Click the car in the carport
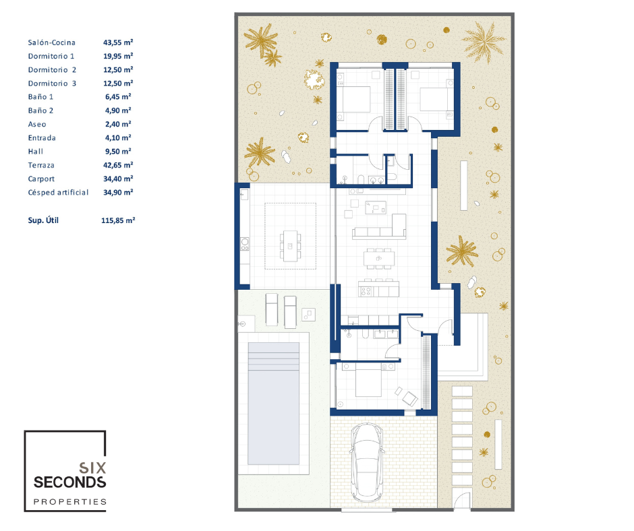click(x=367, y=462)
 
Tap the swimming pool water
click(x=273, y=403)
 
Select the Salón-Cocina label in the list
click(x=52, y=42)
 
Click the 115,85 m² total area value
click(x=118, y=220)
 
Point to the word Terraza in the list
click(x=41, y=165)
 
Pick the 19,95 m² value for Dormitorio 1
click(x=118, y=56)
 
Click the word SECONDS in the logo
click(x=69, y=482)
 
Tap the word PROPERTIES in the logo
click(x=70, y=502)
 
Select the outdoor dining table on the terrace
click(x=290, y=246)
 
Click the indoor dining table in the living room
click(x=379, y=258)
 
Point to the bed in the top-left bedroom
click(x=353, y=99)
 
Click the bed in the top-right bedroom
click(x=436, y=99)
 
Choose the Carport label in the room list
click(x=41, y=179)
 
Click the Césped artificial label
click(x=58, y=192)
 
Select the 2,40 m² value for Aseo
click(x=118, y=124)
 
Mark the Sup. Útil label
click(x=43, y=220)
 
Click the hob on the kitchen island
click(x=366, y=291)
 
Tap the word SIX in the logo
click(x=92, y=468)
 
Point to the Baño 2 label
click(x=40, y=111)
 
